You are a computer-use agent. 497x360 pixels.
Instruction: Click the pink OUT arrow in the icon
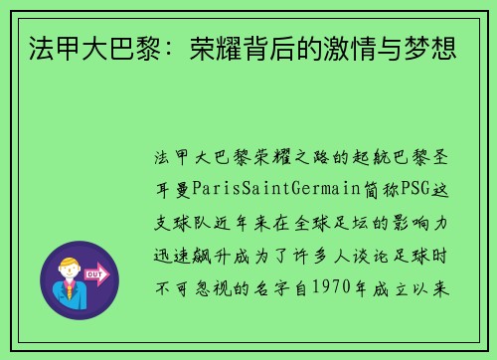(97, 271)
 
